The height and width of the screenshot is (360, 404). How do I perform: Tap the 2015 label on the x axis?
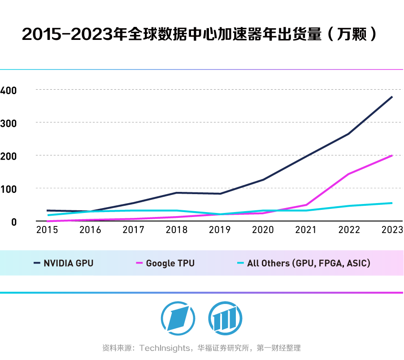coord(47,230)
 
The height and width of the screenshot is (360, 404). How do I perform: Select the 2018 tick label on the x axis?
coord(176,230)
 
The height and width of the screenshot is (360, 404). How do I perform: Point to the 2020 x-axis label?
coord(263,230)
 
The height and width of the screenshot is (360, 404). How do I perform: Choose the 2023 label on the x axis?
coord(391,230)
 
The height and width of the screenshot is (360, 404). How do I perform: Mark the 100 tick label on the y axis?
coord(9,189)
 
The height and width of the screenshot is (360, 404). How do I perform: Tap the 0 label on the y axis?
coord(13,222)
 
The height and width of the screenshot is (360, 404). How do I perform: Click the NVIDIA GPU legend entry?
coord(68,263)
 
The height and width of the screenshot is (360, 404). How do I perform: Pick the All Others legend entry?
coord(308,263)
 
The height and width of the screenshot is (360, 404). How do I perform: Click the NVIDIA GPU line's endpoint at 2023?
coord(392,97)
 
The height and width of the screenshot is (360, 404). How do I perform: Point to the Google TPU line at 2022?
coord(349,174)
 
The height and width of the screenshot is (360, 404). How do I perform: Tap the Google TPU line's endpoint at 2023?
coord(392,156)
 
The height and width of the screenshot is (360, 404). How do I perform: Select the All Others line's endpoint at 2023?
coord(392,203)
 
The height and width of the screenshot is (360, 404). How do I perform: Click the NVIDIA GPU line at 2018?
coord(176,193)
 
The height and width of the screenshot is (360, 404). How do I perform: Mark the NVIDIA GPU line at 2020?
coord(263,180)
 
